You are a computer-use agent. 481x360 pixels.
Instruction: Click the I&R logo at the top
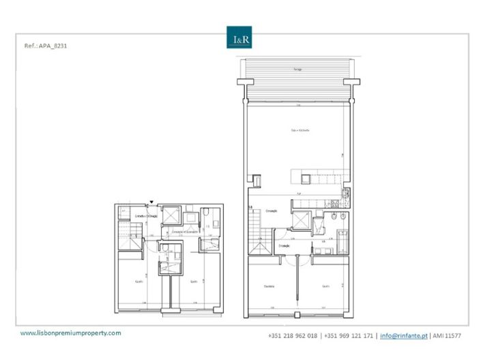tap(240, 39)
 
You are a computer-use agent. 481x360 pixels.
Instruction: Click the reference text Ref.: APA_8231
tap(45, 47)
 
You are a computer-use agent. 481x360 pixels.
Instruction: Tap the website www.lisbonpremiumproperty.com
tap(71, 333)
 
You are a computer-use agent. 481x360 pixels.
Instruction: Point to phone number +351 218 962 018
tap(294, 336)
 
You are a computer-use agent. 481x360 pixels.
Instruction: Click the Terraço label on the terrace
tap(298, 70)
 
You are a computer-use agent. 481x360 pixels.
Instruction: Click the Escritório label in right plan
tap(269, 286)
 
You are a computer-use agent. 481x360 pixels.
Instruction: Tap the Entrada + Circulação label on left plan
tap(147, 216)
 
